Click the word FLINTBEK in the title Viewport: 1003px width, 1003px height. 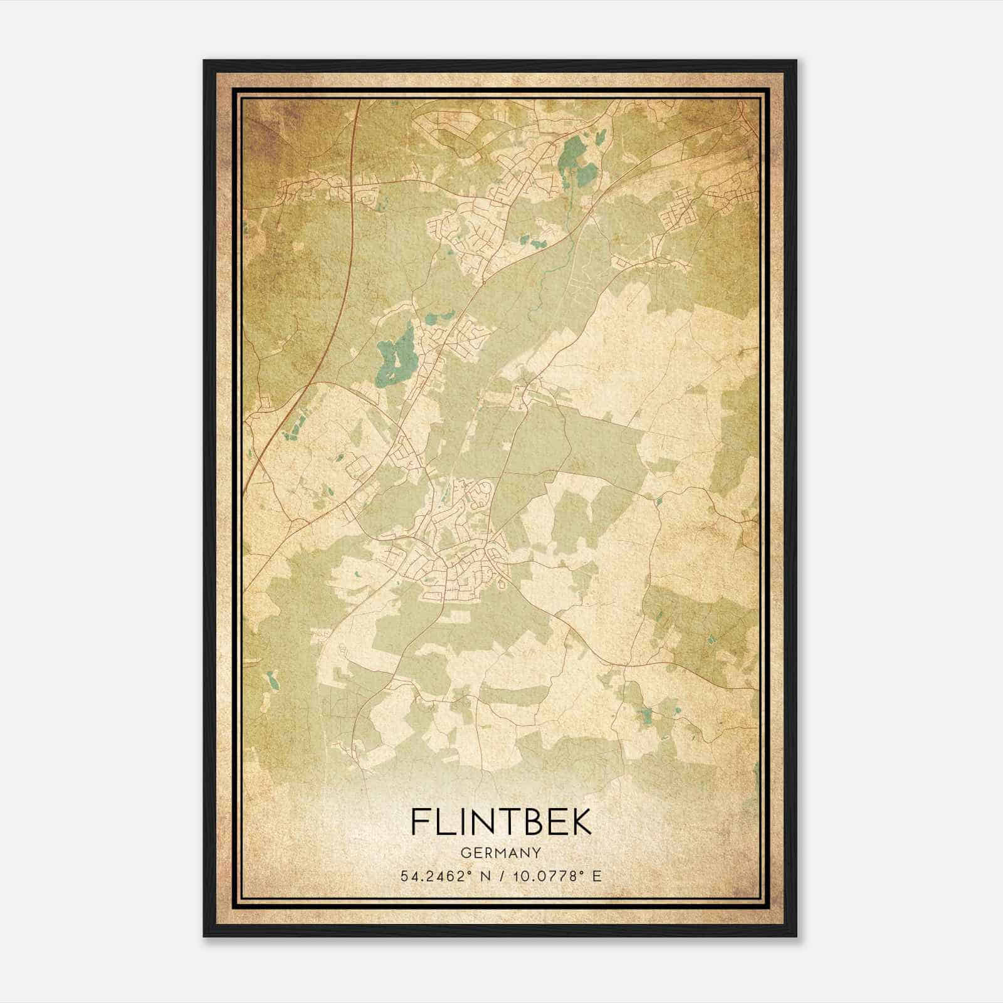(x=501, y=821)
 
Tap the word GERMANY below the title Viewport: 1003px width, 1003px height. (x=501, y=853)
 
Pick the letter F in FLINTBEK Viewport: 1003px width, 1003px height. (x=421, y=821)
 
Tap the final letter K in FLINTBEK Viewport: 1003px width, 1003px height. (x=580, y=821)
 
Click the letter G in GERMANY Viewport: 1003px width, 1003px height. (x=465, y=853)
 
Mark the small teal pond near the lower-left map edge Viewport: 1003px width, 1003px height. (x=271, y=679)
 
